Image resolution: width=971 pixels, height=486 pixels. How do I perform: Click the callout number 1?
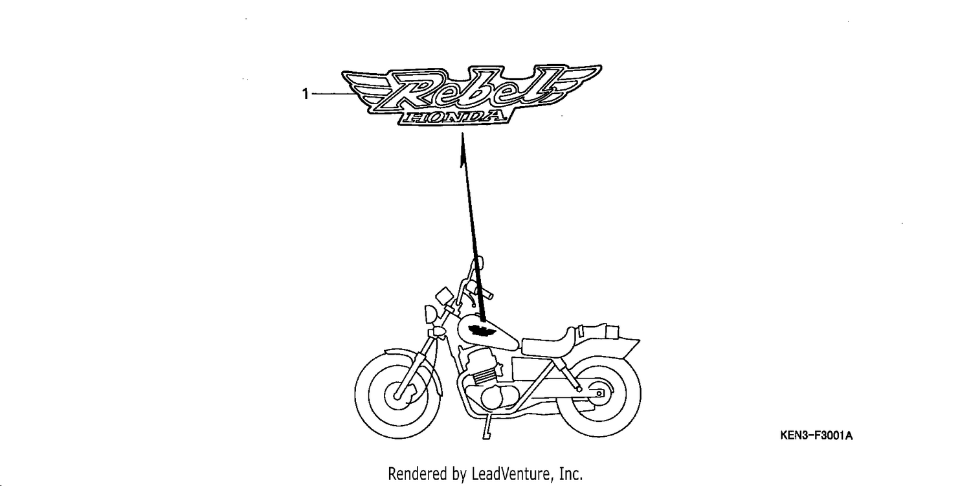tap(305, 94)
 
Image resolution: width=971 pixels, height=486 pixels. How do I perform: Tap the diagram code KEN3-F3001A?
tap(816, 436)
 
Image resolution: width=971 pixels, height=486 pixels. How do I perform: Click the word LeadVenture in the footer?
tap(511, 474)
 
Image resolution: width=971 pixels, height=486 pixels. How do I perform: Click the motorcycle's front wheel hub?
tap(397, 395)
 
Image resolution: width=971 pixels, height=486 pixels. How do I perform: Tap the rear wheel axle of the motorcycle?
tap(599, 393)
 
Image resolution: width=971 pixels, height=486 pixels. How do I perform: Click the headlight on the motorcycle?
tap(431, 313)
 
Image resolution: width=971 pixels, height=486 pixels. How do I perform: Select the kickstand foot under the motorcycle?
tap(486, 436)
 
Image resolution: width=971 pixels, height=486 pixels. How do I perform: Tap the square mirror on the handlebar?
tap(444, 296)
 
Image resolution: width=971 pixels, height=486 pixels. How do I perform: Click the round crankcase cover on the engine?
tap(493, 397)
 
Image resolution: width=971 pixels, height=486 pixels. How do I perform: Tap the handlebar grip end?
tap(490, 296)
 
